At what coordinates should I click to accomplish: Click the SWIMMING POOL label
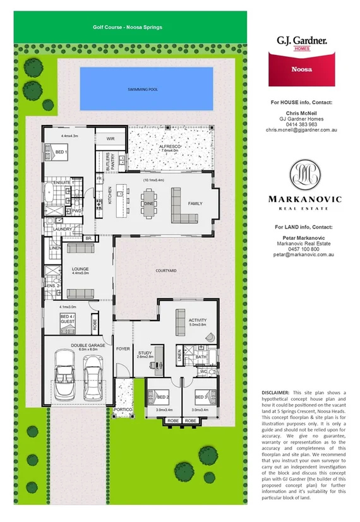(142, 90)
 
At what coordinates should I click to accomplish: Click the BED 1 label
(61, 153)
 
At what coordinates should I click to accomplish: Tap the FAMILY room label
(196, 203)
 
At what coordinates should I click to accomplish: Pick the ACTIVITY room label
(198, 320)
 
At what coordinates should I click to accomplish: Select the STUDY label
(145, 353)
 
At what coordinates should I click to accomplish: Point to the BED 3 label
(201, 397)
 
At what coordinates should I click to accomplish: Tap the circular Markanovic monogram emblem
(305, 175)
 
